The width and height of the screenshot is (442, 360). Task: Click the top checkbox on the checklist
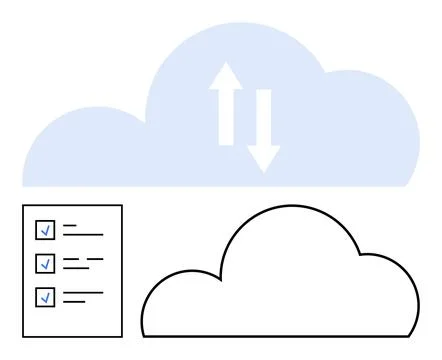[x=45, y=230]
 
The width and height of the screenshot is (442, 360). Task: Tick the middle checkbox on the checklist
[x=45, y=264]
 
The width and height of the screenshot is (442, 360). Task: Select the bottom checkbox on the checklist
[x=45, y=297]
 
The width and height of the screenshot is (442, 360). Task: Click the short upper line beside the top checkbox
[x=70, y=226]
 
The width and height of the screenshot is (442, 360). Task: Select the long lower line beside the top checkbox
[x=83, y=235]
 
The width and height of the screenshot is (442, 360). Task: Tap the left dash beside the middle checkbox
[x=71, y=260]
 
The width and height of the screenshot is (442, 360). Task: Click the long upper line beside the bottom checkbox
[x=83, y=293]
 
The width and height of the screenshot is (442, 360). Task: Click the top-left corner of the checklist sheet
[x=23, y=206]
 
